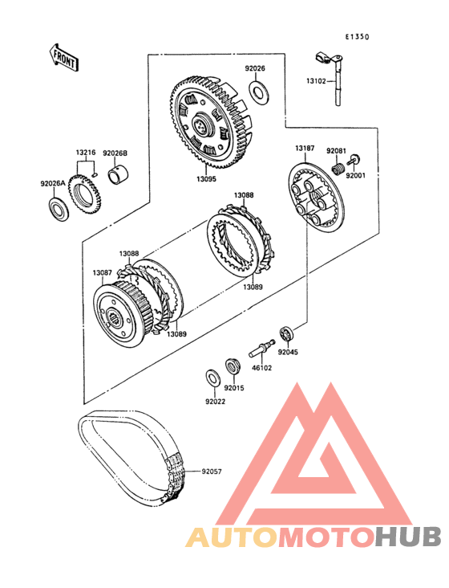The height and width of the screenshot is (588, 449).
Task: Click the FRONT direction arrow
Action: [x=63, y=57]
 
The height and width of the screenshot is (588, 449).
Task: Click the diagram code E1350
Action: [x=357, y=37]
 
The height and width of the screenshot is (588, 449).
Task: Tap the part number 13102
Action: [x=316, y=80]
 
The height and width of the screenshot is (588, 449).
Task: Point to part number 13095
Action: [x=207, y=179]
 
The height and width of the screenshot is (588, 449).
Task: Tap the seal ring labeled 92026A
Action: [x=59, y=209]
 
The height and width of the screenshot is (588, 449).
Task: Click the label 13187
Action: [x=305, y=148]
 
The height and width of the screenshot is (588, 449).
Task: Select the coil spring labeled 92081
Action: [x=338, y=169]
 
